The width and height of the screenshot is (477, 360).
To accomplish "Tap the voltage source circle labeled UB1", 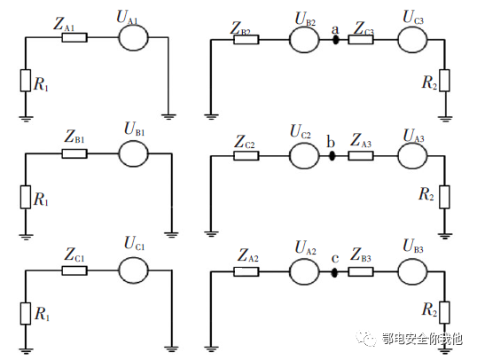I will [132, 153].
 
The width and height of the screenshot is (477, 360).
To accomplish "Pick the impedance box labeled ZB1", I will [74, 153].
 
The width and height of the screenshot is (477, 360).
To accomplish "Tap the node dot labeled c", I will [334, 271].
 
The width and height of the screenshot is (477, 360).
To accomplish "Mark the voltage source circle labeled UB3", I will [411, 271].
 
